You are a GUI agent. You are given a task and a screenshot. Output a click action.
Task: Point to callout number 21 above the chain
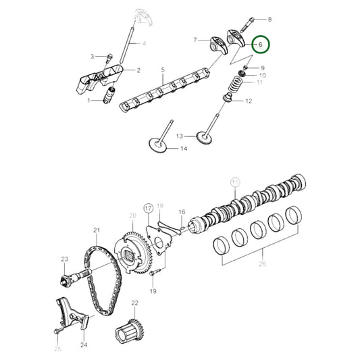(x=97, y=231)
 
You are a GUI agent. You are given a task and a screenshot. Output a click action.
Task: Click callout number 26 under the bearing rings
(x=263, y=265)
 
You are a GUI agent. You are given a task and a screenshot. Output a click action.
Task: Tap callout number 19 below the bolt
(x=153, y=291)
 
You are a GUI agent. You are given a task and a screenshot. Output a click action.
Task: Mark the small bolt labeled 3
(x=108, y=55)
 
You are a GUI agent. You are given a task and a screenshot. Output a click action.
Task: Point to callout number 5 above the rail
(x=162, y=69)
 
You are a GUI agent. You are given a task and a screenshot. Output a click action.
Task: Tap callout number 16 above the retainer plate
(x=182, y=213)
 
